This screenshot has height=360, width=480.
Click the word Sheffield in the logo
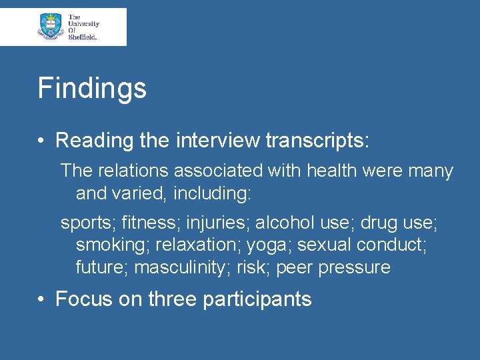[83, 37]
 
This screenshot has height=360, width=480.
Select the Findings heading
[92, 88]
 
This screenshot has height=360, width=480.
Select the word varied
[141, 194]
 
